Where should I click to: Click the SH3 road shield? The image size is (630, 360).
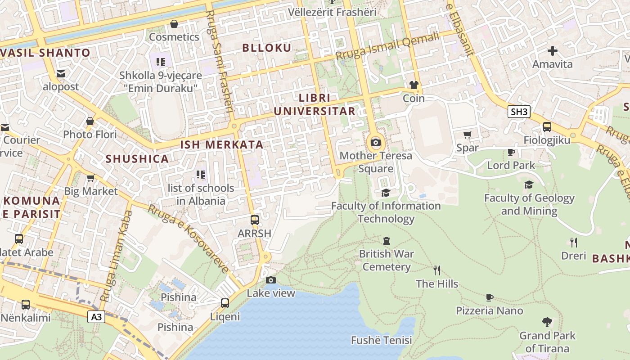519,112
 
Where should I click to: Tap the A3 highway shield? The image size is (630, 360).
97,317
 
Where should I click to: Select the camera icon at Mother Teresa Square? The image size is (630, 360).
375,143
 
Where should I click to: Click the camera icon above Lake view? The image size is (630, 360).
270,280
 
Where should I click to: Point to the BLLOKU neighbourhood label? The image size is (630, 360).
267,48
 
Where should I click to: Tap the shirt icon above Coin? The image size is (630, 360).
414,85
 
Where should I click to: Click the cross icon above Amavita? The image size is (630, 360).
552,51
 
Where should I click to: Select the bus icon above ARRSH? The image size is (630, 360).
255,220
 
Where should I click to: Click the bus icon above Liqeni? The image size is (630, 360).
225,303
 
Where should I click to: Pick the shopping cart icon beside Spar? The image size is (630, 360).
468,135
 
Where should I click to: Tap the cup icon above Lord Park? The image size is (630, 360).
511,152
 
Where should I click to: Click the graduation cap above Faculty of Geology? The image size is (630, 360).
529,184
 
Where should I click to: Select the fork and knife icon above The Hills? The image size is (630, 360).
436,270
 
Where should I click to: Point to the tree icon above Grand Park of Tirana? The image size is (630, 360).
547,322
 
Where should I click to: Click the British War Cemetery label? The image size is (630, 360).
387,260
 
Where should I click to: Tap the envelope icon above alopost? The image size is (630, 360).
61,73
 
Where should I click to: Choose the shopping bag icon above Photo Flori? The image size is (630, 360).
90,121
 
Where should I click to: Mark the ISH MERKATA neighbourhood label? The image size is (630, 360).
221,145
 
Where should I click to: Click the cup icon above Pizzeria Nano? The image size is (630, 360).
490,297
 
